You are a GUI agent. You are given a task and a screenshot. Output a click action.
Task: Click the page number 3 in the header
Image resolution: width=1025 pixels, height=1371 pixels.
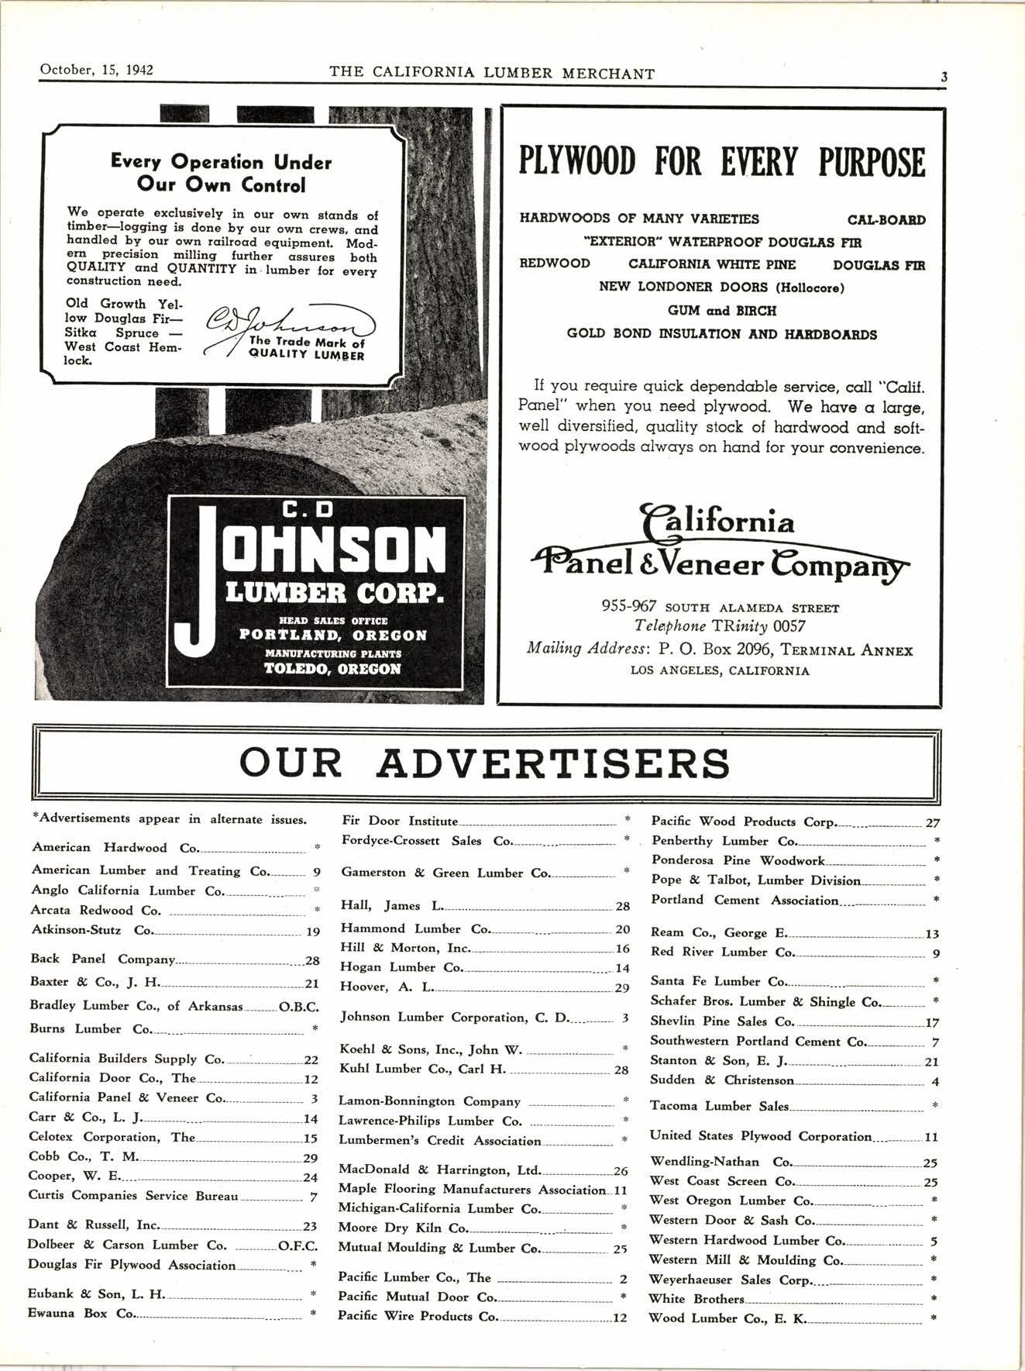[944, 77]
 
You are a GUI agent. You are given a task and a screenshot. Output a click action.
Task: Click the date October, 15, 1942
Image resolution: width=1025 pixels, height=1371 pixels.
[96, 71]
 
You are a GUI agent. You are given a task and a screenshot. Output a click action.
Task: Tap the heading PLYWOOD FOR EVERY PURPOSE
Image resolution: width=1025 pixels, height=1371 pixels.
[721, 162]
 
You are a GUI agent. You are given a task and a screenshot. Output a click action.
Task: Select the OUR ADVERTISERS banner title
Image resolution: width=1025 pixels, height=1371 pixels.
[484, 763]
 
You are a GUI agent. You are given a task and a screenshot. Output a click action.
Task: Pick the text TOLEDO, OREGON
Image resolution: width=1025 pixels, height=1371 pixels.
[333, 669]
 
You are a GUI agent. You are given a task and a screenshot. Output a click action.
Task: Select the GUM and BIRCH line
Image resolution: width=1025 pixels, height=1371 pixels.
[721, 310]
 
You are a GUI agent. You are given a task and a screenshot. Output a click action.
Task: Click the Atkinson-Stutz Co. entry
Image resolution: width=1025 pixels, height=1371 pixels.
[92, 930]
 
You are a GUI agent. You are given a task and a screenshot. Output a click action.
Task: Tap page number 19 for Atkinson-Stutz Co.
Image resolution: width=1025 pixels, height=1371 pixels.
[313, 932]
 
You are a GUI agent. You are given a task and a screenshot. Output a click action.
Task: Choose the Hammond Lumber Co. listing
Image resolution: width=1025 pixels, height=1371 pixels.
[416, 928]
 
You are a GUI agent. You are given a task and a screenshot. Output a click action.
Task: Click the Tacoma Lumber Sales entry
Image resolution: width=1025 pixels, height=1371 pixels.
[719, 1106]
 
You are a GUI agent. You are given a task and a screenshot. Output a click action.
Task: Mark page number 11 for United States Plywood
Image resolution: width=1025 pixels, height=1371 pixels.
[931, 1137]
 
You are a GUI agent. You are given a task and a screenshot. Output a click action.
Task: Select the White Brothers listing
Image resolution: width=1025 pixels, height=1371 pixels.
[697, 1298]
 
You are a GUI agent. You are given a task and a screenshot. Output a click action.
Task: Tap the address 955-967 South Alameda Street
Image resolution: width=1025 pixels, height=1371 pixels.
[720, 608]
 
